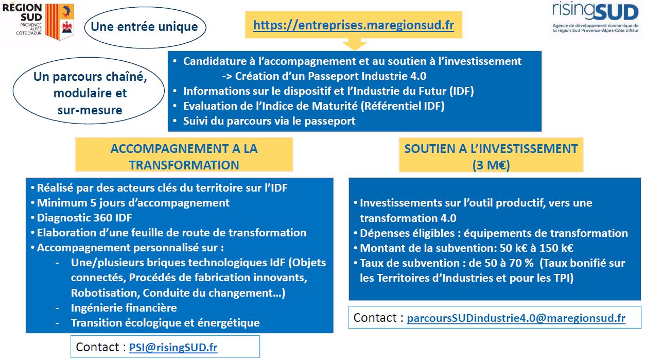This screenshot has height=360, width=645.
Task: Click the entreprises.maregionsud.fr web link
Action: click(354, 25)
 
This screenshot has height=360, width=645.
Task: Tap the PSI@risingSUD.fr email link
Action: click(173, 347)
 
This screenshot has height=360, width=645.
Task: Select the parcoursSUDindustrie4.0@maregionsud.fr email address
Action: click(516, 318)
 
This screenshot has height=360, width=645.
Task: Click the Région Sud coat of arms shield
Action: click(60, 22)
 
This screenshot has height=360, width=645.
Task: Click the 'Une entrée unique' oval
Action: click(145, 27)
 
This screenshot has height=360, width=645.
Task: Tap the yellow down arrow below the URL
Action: click(355, 44)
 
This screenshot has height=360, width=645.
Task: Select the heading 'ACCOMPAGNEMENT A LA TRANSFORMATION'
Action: click(184, 157)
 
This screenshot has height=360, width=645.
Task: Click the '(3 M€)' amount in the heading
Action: click(491, 165)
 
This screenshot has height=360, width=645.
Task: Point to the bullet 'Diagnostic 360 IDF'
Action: click(84, 218)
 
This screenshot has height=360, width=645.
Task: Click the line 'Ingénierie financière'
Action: click(124, 308)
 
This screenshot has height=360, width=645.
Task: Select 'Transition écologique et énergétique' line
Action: click(165, 323)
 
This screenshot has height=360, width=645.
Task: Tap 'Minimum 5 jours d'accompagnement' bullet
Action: click(133, 203)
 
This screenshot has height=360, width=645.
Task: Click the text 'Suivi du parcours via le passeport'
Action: click(269, 121)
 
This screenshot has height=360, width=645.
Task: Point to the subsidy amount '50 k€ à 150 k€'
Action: click(536, 248)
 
